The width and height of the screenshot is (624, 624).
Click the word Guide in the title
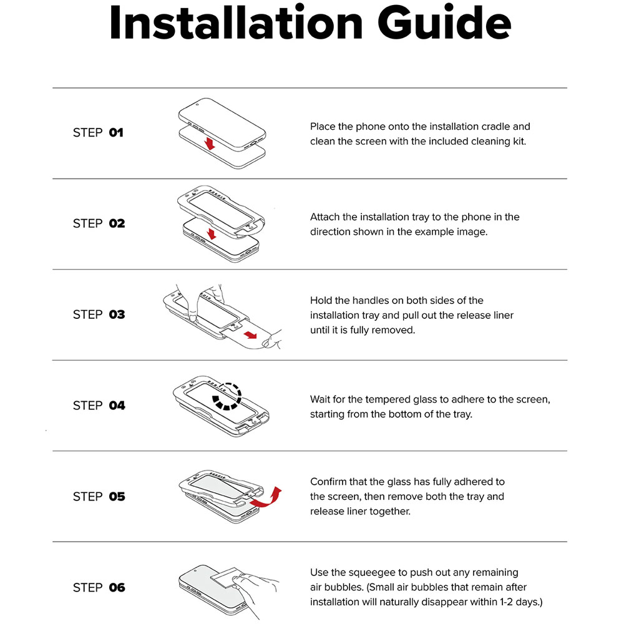coord(444,22)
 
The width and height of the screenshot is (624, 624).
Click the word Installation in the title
coord(236,22)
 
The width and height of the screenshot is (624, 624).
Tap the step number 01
coord(116,132)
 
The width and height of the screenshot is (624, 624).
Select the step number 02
coord(117,223)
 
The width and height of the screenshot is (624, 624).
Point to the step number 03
coord(117,314)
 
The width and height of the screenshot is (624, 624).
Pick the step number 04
coord(117,406)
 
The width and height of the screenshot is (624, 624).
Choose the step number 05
coord(117,497)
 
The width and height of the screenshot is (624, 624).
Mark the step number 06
coord(117,587)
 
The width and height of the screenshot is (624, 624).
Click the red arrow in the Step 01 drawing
coord(209,144)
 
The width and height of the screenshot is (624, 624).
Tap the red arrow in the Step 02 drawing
coord(212,233)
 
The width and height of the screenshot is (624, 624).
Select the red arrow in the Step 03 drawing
coord(251,334)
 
